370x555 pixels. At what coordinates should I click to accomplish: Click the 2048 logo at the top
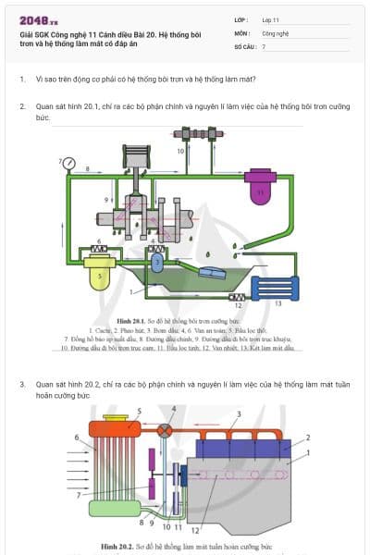click(x=37, y=19)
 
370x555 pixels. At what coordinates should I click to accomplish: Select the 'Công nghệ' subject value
click(x=277, y=32)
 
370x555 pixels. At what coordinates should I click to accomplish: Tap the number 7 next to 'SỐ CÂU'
click(x=264, y=45)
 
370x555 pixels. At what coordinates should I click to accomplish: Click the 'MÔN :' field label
click(x=241, y=32)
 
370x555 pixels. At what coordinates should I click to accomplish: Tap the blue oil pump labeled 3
click(x=158, y=262)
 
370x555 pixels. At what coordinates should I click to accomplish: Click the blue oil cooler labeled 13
click(x=278, y=290)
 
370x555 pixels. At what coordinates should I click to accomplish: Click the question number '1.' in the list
click(x=22, y=80)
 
